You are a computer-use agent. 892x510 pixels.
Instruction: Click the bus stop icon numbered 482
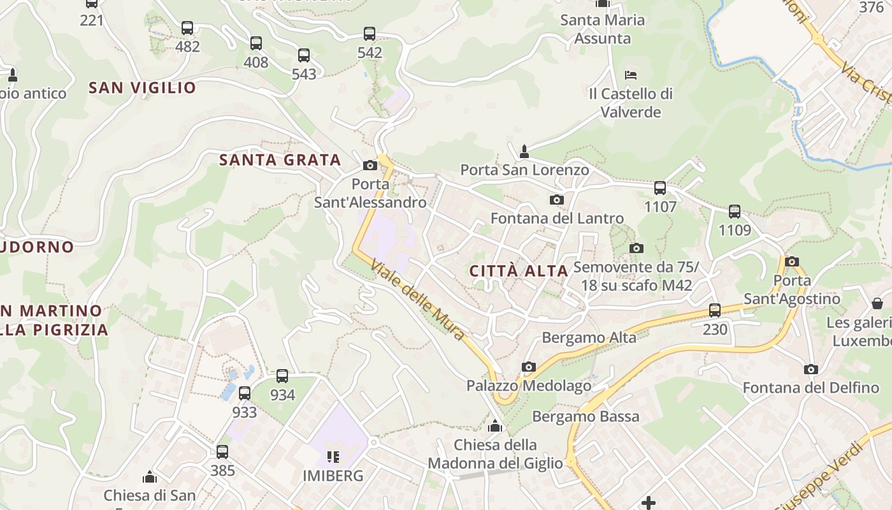(x=187, y=28)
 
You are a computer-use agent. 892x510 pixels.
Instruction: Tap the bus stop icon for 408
(x=255, y=43)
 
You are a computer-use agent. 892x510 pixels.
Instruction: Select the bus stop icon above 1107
(x=660, y=188)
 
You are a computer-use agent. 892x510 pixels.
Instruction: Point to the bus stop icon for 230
(x=715, y=310)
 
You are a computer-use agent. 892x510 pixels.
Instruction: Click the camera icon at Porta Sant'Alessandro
(x=370, y=166)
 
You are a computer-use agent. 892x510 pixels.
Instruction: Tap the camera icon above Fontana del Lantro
(x=556, y=200)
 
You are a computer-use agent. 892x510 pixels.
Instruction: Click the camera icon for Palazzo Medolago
(x=528, y=367)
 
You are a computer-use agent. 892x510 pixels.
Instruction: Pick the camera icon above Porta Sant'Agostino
(x=792, y=261)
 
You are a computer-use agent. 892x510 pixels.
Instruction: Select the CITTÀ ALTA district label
(x=519, y=271)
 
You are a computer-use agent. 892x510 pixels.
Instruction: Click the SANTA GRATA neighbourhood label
(x=280, y=160)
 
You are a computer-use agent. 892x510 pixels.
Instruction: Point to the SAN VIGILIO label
(x=142, y=88)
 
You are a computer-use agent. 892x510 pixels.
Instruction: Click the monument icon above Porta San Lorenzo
(x=524, y=152)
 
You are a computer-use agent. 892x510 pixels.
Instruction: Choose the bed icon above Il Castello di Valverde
(x=631, y=75)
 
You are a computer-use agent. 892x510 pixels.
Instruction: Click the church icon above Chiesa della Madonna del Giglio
(x=495, y=426)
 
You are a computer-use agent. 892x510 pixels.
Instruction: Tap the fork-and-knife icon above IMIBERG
(x=333, y=456)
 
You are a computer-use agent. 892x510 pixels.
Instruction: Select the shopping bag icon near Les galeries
(x=877, y=303)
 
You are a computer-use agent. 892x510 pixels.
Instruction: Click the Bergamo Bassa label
(x=586, y=417)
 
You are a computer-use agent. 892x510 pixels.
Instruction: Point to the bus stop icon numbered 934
(x=282, y=376)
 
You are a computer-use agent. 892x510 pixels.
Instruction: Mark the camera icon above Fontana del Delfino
(x=810, y=369)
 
